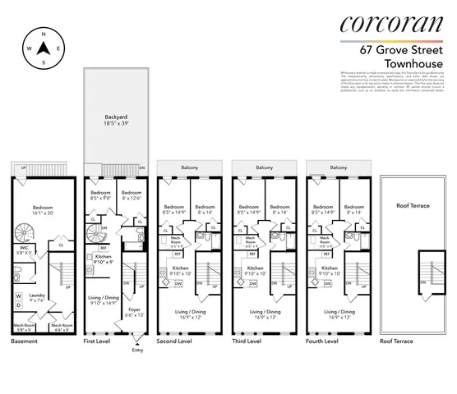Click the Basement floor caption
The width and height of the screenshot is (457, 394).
point(24,340)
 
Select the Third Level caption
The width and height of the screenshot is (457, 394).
point(247,340)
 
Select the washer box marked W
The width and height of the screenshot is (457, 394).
point(19,295)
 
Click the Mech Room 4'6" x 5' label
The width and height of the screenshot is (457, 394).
point(62,327)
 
